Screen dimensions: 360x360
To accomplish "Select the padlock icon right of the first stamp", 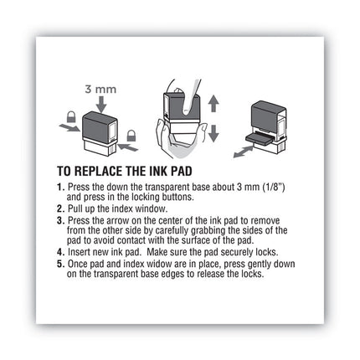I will point(131,134).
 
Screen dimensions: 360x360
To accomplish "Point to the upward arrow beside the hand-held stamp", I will point(213,105).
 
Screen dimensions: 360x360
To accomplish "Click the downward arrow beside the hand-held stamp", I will point(213,133).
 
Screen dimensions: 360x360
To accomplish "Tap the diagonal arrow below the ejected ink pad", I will point(243,151).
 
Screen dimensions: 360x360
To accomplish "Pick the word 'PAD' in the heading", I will point(193,169).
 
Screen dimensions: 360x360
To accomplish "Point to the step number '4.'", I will point(59,250).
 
